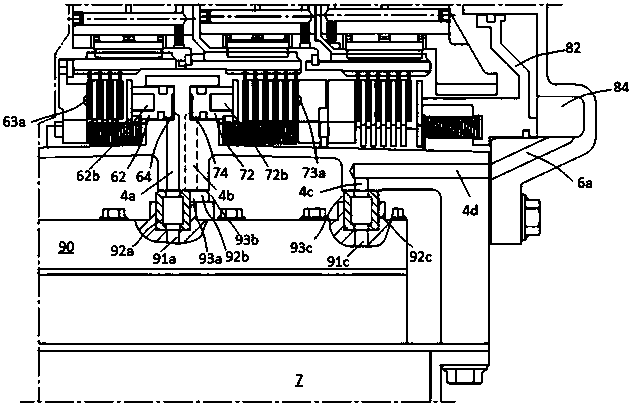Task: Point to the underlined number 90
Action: pyautogui.click(x=66, y=247)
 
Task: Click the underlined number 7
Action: pyautogui.click(x=299, y=382)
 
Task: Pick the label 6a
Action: pyautogui.click(x=584, y=183)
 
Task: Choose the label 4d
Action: pyautogui.click(x=470, y=210)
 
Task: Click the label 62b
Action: pyautogui.click(x=88, y=176)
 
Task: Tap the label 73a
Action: pyautogui.click(x=313, y=173)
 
